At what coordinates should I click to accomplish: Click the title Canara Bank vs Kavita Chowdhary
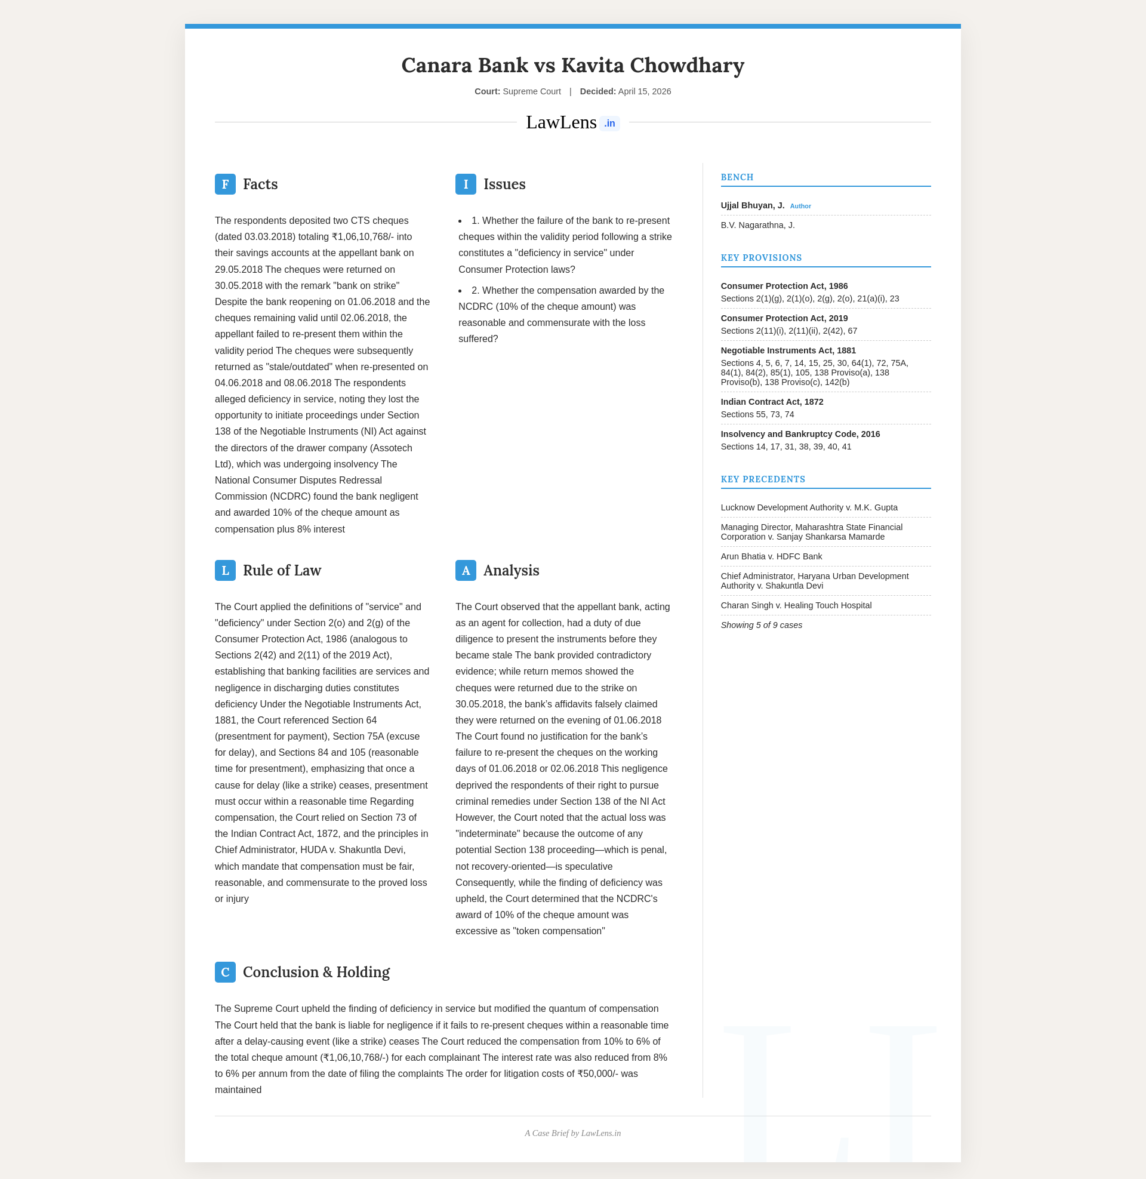click(x=572, y=65)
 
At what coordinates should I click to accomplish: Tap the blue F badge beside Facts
click(x=225, y=184)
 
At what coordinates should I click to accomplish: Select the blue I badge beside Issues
click(x=465, y=184)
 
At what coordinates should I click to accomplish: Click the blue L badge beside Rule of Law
click(x=225, y=570)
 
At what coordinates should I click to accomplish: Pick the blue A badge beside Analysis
click(x=465, y=570)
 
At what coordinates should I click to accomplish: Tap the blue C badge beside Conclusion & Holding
click(x=225, y=972)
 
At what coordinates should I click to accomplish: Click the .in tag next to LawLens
click(x=609, y=124)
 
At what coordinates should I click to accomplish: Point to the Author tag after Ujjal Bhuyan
click(x=800, y=206)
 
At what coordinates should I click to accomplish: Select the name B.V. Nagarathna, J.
click(x=757, y=225)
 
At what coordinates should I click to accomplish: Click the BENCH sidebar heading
click(x=737, y=177)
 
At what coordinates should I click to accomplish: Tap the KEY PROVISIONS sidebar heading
click(x=761, y=257)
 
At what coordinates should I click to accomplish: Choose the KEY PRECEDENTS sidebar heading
click(x=763, y=479)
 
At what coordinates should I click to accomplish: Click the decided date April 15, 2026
click(x=644, y=91)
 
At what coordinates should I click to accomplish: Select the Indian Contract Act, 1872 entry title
click(x=772, y=401)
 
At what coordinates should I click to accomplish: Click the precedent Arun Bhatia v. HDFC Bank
click(x=771, y=556)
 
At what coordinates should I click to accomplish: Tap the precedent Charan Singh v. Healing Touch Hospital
click(x=796, y=605)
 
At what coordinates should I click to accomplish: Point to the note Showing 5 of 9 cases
click(x=761, y=624)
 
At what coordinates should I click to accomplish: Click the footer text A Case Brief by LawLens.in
click(x=572, y=1133)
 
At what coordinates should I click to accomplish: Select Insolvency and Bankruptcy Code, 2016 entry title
click(x=800, y=434)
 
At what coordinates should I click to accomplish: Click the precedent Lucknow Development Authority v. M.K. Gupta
click(x=809, y=507)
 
